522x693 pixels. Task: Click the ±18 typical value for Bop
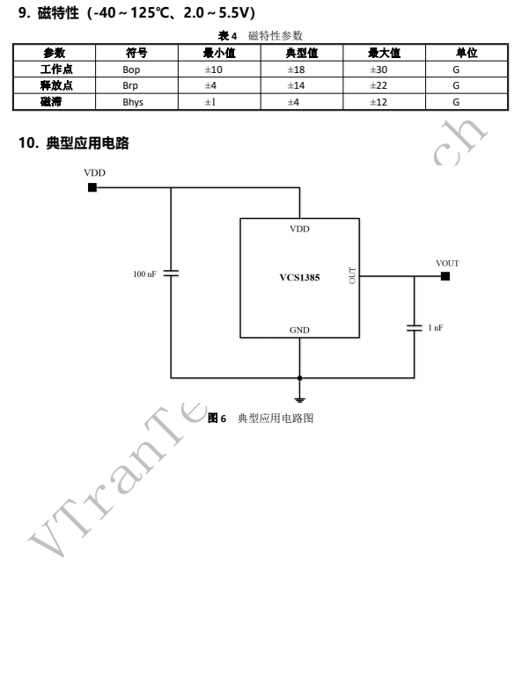point(296,69)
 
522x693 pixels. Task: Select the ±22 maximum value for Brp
point(379,85)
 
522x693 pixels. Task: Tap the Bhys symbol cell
point(133,102)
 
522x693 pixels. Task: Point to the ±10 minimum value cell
point(213,69)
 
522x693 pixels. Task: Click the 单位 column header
point(467,53)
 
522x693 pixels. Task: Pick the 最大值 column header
point(384,53)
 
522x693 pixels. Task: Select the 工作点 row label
point(56,69)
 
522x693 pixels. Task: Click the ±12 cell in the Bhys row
point(379,102)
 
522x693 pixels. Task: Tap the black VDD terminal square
point(92,187)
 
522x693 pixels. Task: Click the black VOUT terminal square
point(445,276)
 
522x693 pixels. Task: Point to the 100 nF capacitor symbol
point(171,274)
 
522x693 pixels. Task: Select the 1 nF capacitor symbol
point(414,327)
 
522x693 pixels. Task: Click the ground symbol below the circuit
point(299,400)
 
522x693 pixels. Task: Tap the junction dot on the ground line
point(299,378)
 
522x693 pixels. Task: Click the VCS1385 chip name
point(299,278)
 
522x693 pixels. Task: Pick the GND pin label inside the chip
point(299,330)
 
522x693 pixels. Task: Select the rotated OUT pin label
point(352,275)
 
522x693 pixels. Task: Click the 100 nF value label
point(144,274)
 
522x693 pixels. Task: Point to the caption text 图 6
point(217,418)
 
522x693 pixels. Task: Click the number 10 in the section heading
point(26,142)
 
